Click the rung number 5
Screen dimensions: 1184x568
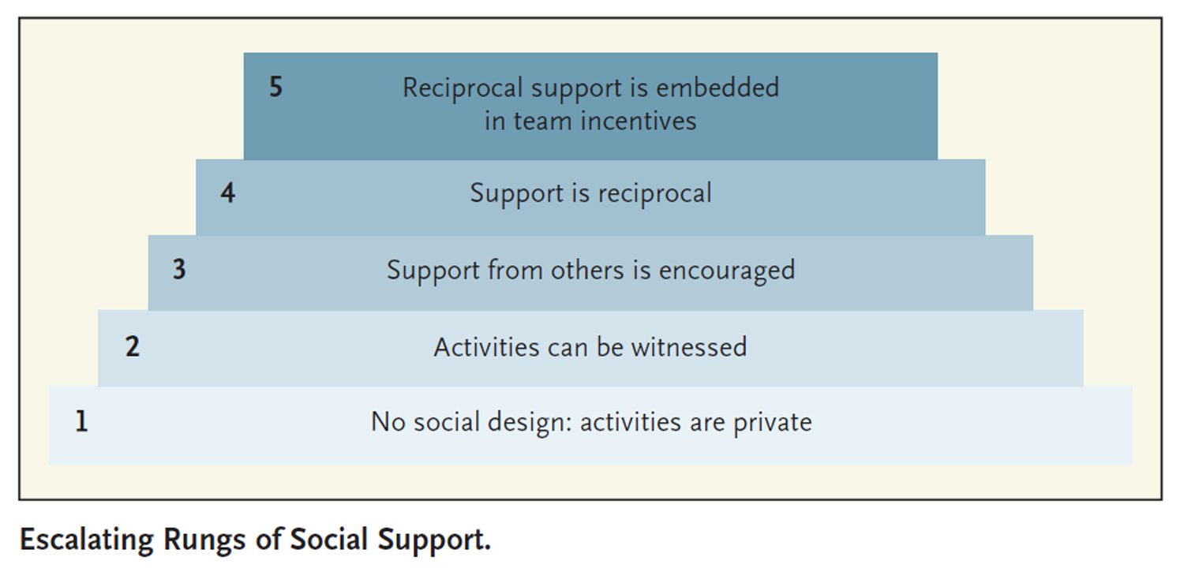pos(276,87)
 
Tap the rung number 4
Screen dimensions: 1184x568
pos(228,192)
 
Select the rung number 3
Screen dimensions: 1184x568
pos(179,270)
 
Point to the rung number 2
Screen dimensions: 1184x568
pos(132,346)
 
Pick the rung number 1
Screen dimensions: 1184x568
pos(81,421)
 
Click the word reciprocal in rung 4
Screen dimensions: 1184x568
pos(655,194)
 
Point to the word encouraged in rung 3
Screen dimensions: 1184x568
pos(727,271)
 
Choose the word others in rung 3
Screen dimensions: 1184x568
pos(587,270)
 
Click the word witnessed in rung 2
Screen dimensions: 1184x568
pos(689,347)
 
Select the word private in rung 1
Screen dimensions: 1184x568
pos(772,423)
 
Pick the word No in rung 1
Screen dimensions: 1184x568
pos(388,421)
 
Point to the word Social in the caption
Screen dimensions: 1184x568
pos(328,540)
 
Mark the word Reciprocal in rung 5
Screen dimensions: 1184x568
pos(463,88)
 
